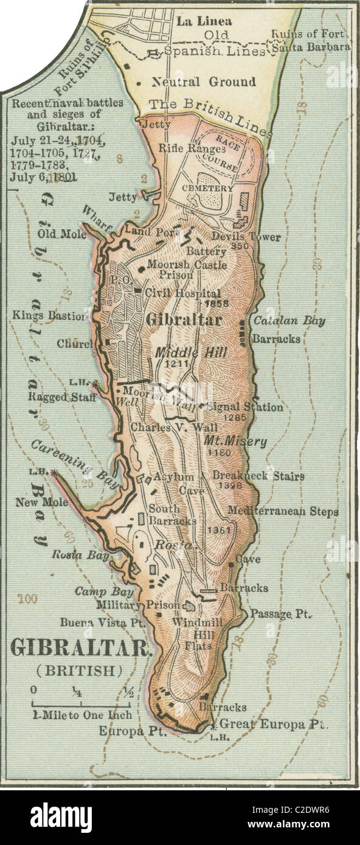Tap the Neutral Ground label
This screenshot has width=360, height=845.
coord(195,82)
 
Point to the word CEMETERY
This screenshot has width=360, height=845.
coord(207,188)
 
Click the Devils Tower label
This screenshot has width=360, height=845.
coord(246,237)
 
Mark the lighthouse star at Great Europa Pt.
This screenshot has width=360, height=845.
coord(213,726)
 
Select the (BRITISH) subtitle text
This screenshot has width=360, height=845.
coord(79,671)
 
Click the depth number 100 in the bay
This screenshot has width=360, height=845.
coord(27,599)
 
